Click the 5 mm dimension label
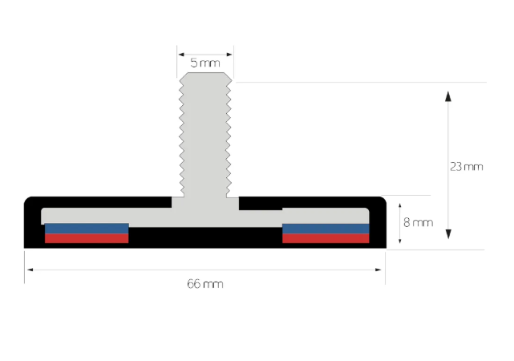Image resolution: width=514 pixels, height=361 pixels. click(x=205, y=63)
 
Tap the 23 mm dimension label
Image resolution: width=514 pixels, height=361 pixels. click(x=466, y=167)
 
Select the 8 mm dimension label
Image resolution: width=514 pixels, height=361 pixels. click(x=418, y=223)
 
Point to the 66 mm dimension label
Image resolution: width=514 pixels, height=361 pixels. click(x=205, y=284)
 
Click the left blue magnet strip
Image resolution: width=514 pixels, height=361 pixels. click(x=87, y=229)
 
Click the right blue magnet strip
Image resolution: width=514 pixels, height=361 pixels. click(x=326, y=229)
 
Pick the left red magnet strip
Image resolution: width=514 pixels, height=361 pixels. click(x=87, y=238)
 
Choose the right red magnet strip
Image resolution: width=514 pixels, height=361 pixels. click(x=326, y=238)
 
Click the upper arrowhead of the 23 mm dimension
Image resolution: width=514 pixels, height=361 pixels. click(x=448, y=96)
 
